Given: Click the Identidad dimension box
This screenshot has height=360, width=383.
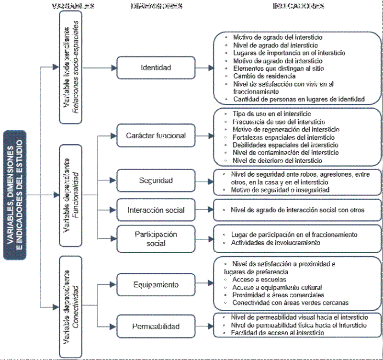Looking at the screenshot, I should [156, 68].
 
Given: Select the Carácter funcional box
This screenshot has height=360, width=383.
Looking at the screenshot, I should [156, 136].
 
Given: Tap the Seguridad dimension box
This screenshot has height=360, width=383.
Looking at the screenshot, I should [156, 180].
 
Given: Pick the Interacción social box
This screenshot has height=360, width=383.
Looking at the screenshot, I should [156, 210].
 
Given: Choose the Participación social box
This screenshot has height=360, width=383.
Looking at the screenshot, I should [156, 238].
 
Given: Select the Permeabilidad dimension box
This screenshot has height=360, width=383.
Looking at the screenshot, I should [156, 326].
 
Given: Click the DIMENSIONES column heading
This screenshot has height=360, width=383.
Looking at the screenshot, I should [157, 7].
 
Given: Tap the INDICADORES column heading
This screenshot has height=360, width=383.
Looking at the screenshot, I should [298, 7].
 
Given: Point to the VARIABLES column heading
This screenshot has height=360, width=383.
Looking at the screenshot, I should [73, 7].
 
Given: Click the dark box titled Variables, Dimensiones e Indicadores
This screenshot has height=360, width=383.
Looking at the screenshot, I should [15, 195].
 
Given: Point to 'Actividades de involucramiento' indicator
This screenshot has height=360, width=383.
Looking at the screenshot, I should [276, 243].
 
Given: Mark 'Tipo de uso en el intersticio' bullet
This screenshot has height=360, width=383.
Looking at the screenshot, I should [271, 114].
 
